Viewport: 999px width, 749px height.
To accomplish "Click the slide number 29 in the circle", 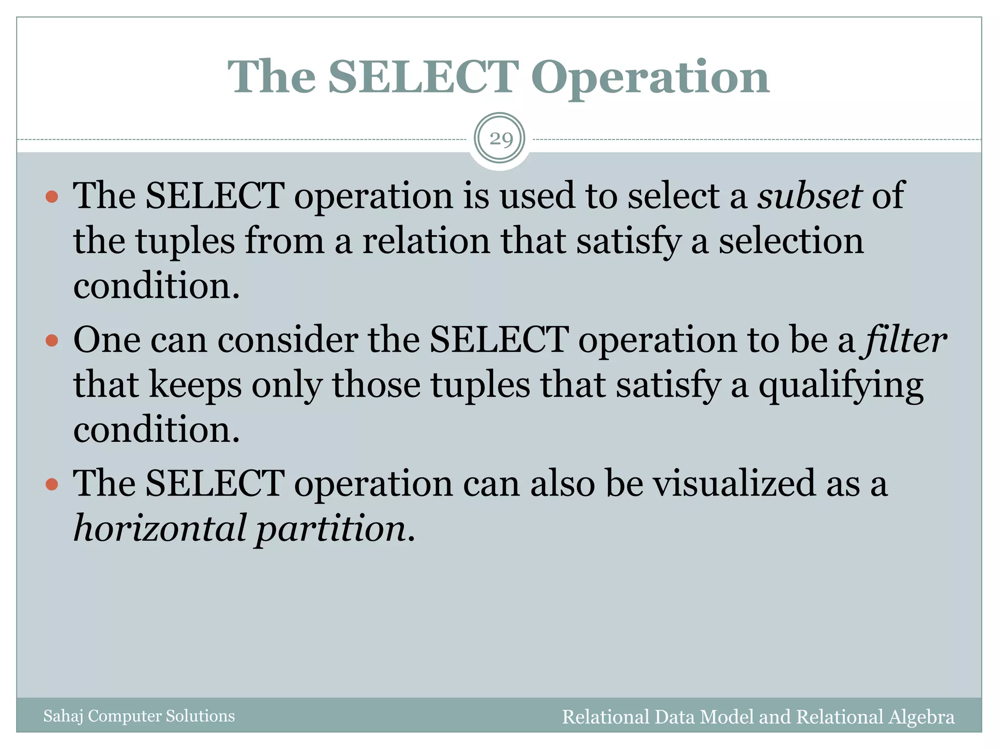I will pyautogui.click(x=500, y=139).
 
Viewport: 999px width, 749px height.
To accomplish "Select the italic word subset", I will pyautogui.click(x=809, y=196).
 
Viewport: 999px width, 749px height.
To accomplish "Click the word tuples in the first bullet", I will pyautogui.click(x=185, y=241).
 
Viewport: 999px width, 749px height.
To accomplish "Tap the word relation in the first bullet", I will pyautogui.click(x=426, y=240).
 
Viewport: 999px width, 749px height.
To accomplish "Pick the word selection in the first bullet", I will pyautogui.click(x=791, y=240).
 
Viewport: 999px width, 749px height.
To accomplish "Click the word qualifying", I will pyautogui.click(x=840, y=386).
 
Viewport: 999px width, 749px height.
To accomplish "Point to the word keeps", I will pyautogui.click(x=195, y=386).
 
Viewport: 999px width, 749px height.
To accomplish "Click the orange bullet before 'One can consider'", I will pyautogui.click(x=52, y=340).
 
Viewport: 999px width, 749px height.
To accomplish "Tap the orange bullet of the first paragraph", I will pyautogui.click(x=52, y=197).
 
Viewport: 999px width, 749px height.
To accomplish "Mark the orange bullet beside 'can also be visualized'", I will pyautogui.click(x=52, y=484).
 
